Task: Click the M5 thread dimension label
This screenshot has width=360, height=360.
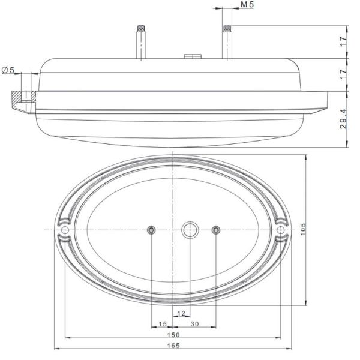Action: (245, 5)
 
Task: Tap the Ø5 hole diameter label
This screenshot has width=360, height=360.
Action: (8, 70)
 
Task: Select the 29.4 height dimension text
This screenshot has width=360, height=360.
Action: (343, 119)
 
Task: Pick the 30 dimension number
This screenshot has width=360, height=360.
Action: (194, 324)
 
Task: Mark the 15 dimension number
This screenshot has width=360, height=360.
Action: (161, 324)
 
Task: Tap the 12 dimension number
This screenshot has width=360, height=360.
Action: (182, 313)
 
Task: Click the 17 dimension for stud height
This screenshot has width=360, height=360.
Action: (343, 42)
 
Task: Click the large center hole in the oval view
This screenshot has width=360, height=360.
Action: (190, 230)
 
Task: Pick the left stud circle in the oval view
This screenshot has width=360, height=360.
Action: (151, 230)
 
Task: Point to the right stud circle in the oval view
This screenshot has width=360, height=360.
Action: (217, 230)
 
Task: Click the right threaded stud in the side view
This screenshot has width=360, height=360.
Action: (227, 42)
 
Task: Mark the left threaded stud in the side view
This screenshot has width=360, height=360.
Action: (140, 42)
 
